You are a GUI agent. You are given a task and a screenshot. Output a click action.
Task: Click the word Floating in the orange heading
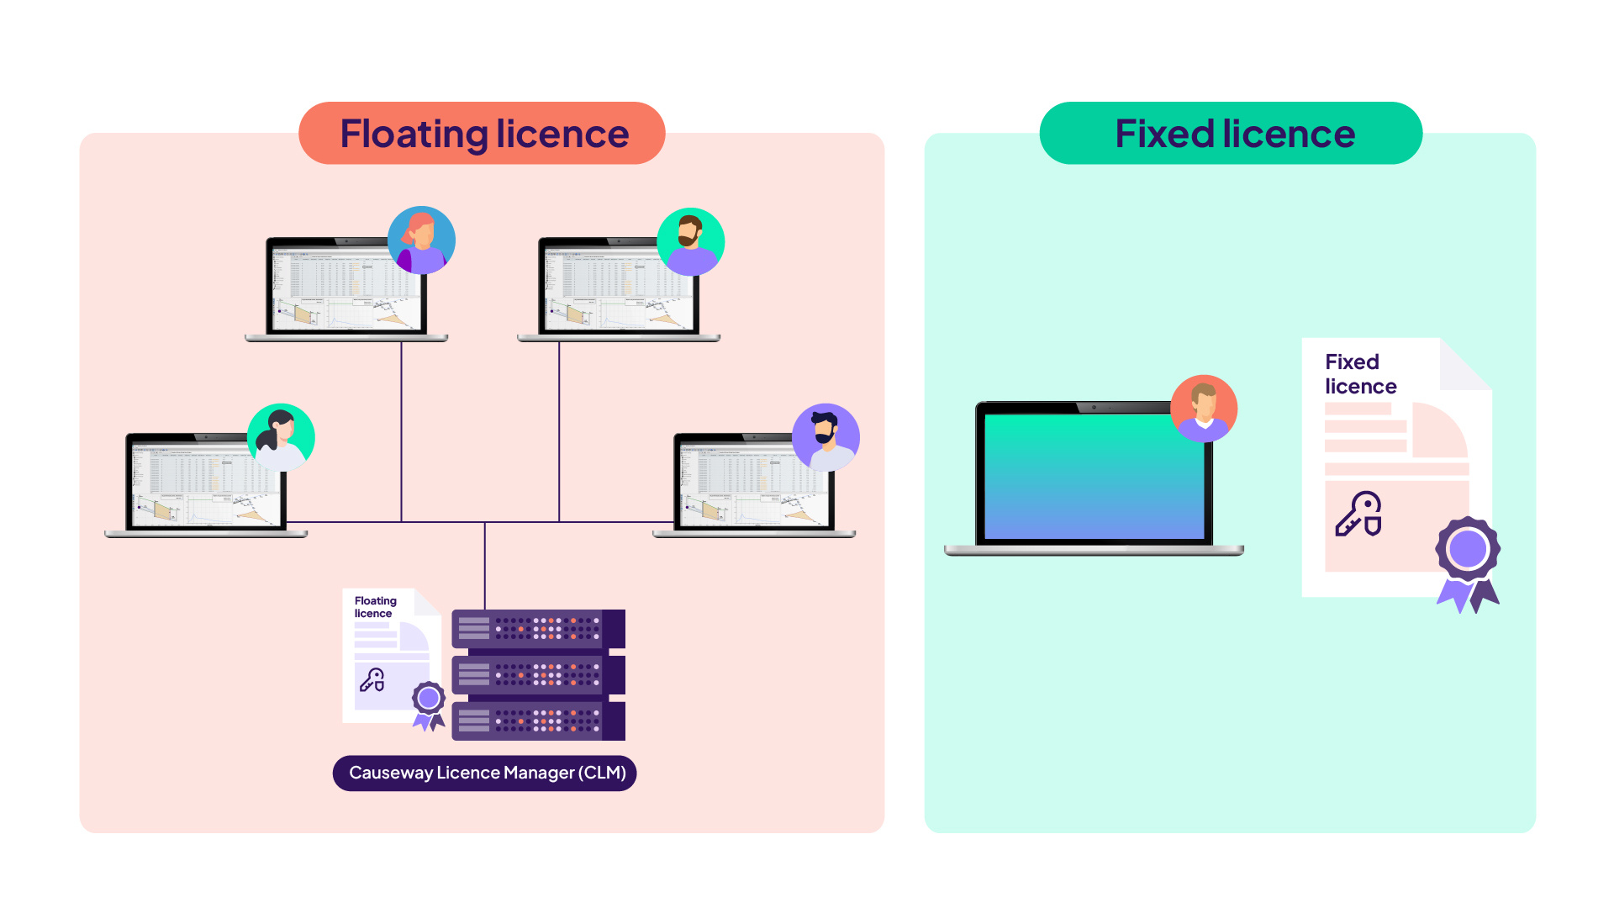(x=413, y=135)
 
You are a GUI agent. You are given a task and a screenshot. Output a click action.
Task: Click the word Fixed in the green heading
(x=1164, y=135)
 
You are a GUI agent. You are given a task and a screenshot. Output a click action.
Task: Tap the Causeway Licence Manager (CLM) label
(x=485, y=773)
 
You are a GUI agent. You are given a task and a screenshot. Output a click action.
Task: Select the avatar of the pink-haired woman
(x=421, y=240)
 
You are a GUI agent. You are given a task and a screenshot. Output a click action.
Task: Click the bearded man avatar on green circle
(x=690, y=242)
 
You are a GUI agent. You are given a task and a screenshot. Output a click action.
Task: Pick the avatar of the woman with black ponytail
(x=281, y=437)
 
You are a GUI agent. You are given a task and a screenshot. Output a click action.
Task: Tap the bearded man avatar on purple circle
(x=825, y=437)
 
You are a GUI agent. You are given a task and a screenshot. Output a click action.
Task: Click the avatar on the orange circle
(x=1204, y=409)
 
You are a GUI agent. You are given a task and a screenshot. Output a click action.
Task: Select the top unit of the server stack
(x=538, y=629)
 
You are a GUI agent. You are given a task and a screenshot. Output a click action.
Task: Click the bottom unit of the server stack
(x=538, y=721)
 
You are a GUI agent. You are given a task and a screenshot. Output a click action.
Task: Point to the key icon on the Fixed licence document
(x=1358, y=515)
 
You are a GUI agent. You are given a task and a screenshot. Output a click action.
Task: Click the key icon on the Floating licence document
(x=372, y=679)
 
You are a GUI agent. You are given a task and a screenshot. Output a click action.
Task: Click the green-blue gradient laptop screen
(x=1093, y=476)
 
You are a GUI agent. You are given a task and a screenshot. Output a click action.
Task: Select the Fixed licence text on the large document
(x=1360, y=374)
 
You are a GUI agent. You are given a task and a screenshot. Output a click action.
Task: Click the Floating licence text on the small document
(x=375, y=607)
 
